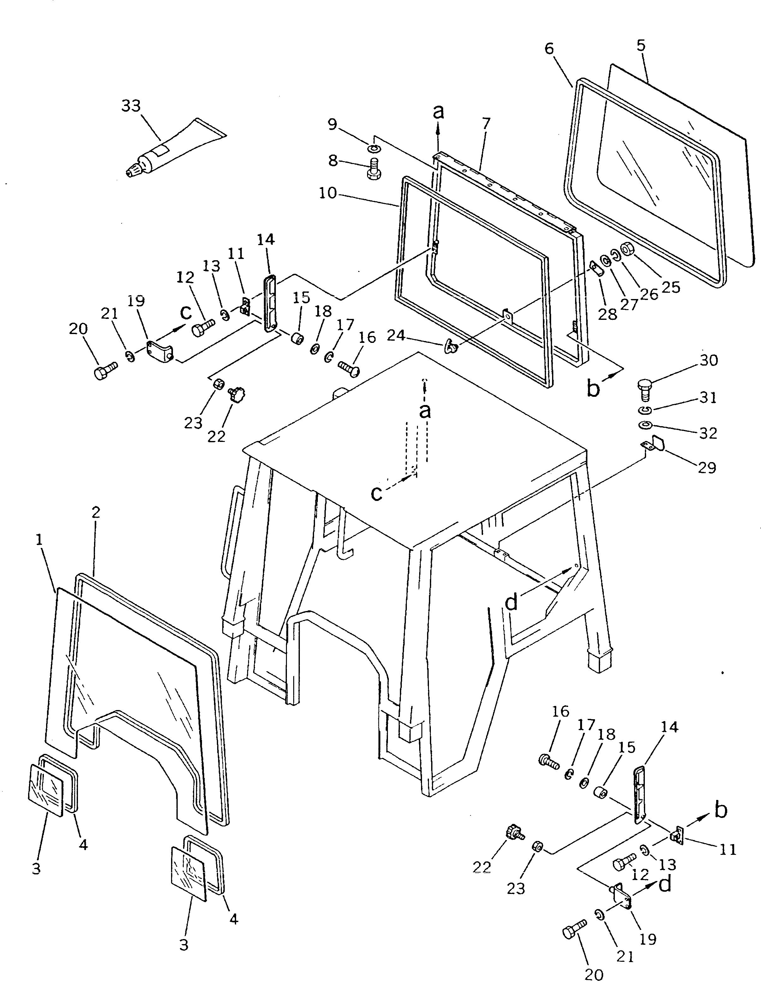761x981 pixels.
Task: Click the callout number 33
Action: tap(131, 106)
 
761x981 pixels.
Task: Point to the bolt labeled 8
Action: tap(373, 168)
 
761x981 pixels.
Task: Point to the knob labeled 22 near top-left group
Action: tap(236, 395)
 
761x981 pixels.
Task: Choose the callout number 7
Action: tap(485, 123)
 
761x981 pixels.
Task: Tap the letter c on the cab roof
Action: tap(377, 493)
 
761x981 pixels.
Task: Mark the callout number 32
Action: tap(708, 433)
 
